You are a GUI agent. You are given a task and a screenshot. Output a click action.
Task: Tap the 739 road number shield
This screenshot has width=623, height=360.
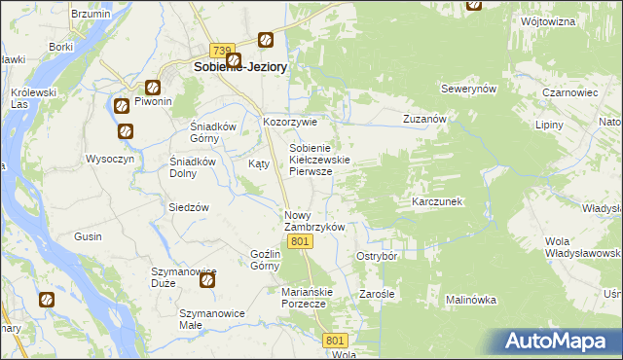point(222,51)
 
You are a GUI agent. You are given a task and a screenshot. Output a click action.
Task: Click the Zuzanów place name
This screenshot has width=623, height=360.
point(424,119)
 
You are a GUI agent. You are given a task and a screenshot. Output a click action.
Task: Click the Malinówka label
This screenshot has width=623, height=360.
point(472,301)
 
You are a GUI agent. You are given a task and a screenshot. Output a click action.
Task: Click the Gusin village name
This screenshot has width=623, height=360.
point(89,236)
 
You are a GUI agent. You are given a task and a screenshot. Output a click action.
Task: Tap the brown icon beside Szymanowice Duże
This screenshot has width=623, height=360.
point(208,281)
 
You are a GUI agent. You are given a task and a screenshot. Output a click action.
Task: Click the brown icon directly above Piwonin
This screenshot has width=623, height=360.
point(153,86)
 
